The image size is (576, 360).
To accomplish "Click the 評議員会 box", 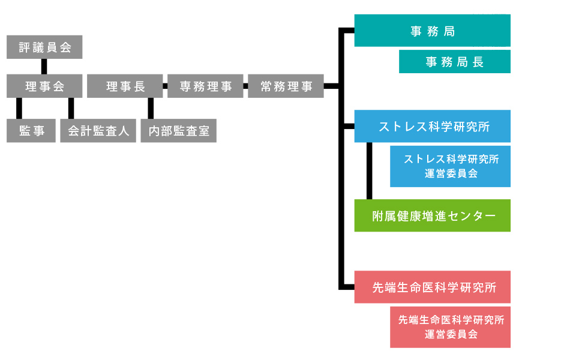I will pyautogui.click(x=44, y=47).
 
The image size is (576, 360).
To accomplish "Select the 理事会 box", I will pyautogui.click(x=44, y=86).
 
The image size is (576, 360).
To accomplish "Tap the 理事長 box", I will pyautogui.click(x=125, y=86).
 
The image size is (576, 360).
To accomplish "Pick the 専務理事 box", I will pyautogui.click(x=205, y=86).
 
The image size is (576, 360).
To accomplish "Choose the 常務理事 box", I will pyautogui.click(x=286, y=86).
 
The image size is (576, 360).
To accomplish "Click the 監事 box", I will pyautogui.click(x=31, y=130).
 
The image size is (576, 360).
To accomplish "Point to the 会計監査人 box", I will pyautogui.click(x=98, y=130).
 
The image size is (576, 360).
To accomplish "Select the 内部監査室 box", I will pyautogui.click(x=178, y=130).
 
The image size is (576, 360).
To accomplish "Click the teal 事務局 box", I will pyautogui.click(x=432, y=31).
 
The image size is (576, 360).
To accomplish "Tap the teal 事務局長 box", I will pyautogui.click(x=454, y=61).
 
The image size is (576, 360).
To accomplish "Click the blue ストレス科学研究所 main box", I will pyautogui.click(x=432, y=126).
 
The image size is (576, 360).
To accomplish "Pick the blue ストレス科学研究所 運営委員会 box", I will pyautogui.click(x=450, y=166).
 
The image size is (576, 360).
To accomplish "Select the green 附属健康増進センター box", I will pyautogui.click(x=432, y=215).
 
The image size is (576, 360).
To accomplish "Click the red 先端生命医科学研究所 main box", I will pyautogui.click(x=432, y=287).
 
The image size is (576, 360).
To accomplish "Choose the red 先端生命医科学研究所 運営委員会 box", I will pyautogui.click(x=450, y=327).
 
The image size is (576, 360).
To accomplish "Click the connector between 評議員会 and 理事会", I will pyautogui.click(x=44, y=67).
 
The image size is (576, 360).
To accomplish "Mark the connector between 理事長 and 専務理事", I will pyautogui.click(x=164, y=86).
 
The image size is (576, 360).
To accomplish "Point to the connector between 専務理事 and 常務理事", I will pyautogui.click(x=245, y=86).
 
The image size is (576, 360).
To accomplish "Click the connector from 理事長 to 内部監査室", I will pyautogui.click(x=151, y=108).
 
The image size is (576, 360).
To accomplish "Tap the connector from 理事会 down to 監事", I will pyautogui.click(x=19, y=108).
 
